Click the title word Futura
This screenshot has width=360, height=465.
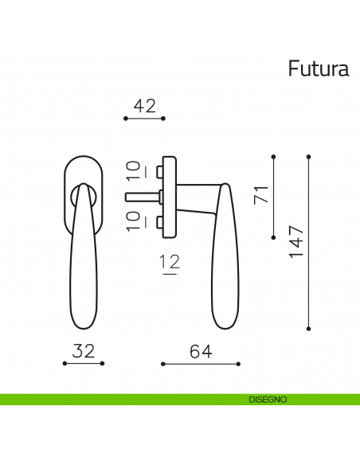coord(318,69)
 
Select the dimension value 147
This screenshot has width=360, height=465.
coord(295,241)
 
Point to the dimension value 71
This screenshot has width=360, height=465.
coord(261,193)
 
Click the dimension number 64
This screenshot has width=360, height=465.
coord(200,351)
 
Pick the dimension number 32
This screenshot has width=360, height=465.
coord(84,350)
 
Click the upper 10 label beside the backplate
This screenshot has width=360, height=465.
coord(134,169)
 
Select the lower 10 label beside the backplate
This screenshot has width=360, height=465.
coord(134,220)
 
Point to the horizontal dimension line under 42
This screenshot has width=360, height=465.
coord(144,118)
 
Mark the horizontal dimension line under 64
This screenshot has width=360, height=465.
coord(200,364)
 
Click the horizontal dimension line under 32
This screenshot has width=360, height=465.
coord(84,364)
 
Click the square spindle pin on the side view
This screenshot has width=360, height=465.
coord(141,195)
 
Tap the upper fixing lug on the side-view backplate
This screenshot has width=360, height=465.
coord(160,171)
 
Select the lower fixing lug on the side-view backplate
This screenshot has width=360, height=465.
coord(160,220)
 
